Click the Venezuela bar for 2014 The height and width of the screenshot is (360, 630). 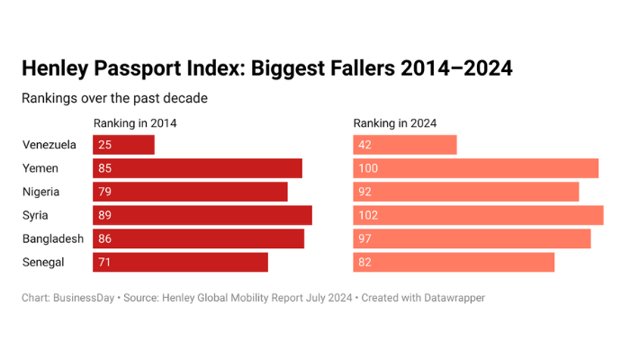124,145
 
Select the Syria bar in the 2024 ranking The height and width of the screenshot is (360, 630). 478,215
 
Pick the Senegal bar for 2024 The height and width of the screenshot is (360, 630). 454,262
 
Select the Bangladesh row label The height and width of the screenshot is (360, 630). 53,238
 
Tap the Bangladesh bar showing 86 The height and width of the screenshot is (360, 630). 198,238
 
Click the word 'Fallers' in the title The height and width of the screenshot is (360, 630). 349,69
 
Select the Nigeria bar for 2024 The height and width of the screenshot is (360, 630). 465,192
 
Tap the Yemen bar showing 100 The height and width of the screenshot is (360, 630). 475,168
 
